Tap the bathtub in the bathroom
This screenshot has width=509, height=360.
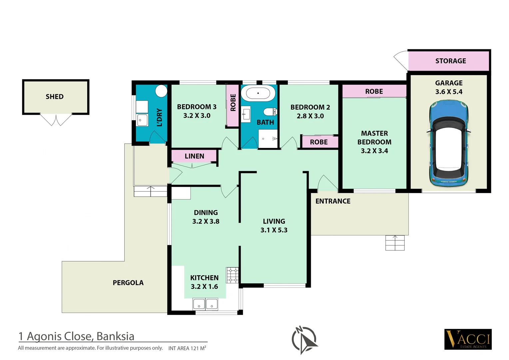258,93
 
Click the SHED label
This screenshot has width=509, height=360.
55,97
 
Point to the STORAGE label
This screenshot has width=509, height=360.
450,61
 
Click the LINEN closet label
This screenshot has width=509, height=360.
194,156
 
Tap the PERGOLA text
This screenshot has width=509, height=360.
128,283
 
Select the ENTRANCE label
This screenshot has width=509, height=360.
332,201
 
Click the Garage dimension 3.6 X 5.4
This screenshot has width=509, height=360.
448,92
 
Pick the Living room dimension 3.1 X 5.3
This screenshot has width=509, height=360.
273,230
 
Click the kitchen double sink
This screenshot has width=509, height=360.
205,304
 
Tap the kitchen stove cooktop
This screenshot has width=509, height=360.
232,275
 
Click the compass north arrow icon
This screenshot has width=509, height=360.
304,340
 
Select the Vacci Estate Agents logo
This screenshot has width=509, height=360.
468,339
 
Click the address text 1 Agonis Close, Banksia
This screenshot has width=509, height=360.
76,336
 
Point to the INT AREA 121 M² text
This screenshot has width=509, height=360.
187,348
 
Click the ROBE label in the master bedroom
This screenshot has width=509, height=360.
374,91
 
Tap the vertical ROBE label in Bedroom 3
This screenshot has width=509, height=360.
233,103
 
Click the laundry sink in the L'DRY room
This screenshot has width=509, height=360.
142,120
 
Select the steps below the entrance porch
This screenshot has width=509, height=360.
395,243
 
